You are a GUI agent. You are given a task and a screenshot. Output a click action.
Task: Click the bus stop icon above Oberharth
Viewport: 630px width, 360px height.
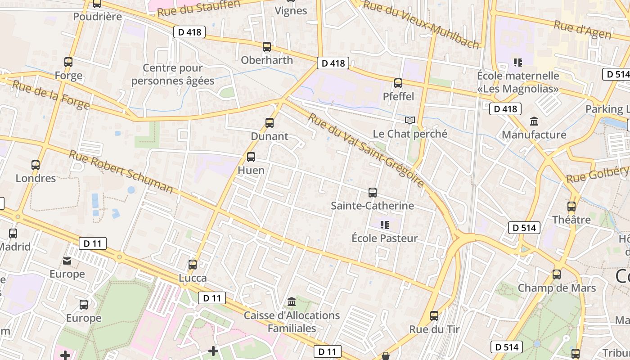point(267,46)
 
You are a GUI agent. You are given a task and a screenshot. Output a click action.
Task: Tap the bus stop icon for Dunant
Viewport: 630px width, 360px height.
point(270,122)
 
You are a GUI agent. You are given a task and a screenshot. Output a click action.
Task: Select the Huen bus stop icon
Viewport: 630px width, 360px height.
point(251,157)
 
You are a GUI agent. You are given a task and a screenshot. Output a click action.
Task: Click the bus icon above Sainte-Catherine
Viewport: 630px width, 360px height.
point(373,193)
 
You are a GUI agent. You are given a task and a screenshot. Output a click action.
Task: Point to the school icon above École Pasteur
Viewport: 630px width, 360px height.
point(384,225)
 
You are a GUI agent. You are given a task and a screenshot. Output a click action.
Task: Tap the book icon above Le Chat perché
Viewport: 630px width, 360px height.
point(409,120)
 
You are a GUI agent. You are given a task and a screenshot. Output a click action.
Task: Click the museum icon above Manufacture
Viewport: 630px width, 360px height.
point(534,121)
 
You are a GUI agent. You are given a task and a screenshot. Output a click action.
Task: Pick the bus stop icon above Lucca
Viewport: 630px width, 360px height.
point(193,264)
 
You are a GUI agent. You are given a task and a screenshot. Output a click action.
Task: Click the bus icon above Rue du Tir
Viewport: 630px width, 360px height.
point(434,316)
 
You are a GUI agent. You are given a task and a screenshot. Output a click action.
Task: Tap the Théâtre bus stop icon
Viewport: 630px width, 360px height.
point(571,207)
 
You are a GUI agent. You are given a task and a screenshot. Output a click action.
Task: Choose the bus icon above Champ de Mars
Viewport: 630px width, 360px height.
point(557,274)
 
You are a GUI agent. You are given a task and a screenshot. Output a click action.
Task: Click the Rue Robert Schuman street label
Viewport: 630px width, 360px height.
point(121,171)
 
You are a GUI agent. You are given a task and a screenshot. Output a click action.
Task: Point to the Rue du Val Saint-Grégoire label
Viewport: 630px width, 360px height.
point(366,150)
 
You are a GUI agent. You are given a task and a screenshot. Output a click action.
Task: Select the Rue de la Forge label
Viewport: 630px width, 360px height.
point(50,94)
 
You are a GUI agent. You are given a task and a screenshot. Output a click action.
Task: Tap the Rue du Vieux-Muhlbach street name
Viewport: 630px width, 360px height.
point(421,24)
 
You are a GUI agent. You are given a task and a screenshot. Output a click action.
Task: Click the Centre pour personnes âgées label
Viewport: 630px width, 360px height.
point(173,74)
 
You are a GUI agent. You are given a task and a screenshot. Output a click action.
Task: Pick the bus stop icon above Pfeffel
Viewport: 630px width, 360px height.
point(398,83)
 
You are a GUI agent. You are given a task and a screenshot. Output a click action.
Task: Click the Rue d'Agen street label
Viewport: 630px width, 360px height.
point(582,30)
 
